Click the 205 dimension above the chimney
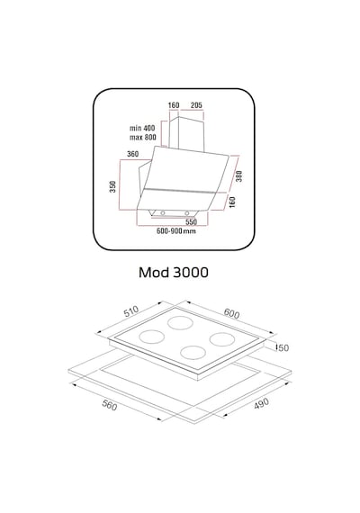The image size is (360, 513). pyautogui.click(x=196, y=105)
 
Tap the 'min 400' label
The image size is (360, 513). pyautogui.click(x=142, y=128)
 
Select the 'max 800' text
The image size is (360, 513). pyautogui.click(x=143, y=137)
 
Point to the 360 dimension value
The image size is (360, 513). pyautogui.click(x=132, y=154)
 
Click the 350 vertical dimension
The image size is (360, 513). pyautogui.click(x=112, y=186)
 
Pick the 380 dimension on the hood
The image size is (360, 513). pyautogui.click(x=239, y=176)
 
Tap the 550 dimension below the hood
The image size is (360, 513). pyautogui.click(x=191, y=222)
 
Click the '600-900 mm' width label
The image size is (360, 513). pyautogui.click(x=176, y=231)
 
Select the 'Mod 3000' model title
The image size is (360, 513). pyautogui.click(x=174, y=272)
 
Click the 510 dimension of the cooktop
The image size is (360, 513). pyautogui.click(x=131, y=311)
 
